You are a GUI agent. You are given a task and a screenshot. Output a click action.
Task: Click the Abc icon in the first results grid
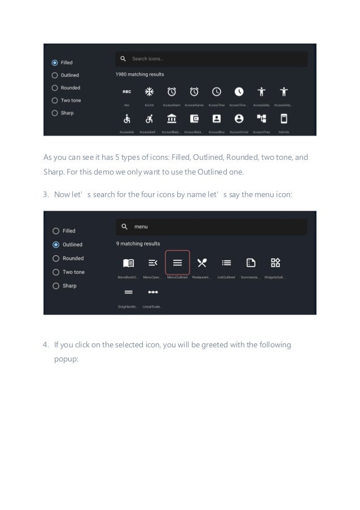127,91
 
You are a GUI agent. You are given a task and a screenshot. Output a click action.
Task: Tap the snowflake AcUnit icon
149,91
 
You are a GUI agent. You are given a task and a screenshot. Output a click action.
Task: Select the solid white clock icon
239,91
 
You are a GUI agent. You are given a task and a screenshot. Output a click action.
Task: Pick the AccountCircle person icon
239,119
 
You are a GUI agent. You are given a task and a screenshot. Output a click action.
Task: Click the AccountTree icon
261,119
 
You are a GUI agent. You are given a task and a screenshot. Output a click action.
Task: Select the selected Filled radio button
55,63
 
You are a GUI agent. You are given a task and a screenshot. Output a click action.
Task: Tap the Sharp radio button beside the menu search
55,286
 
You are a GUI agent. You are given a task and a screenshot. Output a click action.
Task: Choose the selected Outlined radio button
55,245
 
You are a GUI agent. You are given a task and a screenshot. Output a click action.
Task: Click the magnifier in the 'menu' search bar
124,227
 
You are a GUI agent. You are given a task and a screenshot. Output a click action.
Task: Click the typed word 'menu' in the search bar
141,227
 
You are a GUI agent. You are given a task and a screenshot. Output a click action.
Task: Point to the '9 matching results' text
138,243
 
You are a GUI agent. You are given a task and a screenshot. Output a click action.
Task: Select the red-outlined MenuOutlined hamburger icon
177,263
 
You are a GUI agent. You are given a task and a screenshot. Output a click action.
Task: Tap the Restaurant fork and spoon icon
201,263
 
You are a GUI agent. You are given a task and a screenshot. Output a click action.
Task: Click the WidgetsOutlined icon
275,263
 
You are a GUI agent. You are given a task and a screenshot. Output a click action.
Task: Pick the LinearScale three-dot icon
152,293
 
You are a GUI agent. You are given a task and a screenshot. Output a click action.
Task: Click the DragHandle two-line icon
128,293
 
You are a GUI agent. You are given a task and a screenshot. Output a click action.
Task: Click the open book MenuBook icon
128,263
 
